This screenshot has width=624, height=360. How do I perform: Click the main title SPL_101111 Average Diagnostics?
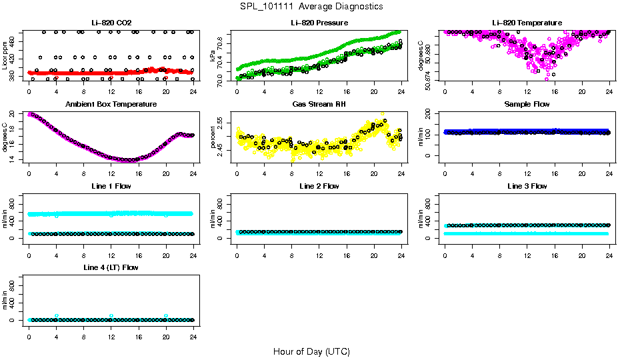click(x=312, y=6)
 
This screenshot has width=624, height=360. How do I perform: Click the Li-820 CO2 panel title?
click(x=111, y=23)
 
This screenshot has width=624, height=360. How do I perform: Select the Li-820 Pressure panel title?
click(x=319, y=23)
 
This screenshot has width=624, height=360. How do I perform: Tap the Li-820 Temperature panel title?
click(x=527, y=23)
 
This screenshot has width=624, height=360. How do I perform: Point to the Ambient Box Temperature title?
click(x=111, y=105)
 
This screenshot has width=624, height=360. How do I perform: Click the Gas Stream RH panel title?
click(x=319, y=105)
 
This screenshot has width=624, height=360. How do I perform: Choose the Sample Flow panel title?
click(x=527, y=105)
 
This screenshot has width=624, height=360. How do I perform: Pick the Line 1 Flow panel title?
click(x=111, y=186)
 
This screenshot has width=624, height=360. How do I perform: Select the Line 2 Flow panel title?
click(x=319, y=186)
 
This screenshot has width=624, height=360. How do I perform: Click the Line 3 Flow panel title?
click(x=527, y=186)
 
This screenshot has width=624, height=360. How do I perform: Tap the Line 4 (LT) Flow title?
click(x=111, y=267)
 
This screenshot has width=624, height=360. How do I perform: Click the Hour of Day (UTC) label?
click(x=311, y=351)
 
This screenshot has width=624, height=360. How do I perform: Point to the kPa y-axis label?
click(x=213, y=56)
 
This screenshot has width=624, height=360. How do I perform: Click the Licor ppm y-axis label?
click(x=5, y=56)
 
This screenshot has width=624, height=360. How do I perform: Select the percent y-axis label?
click(x=213, y=137)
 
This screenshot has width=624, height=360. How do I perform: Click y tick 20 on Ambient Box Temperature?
click(x=14, y=115)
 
